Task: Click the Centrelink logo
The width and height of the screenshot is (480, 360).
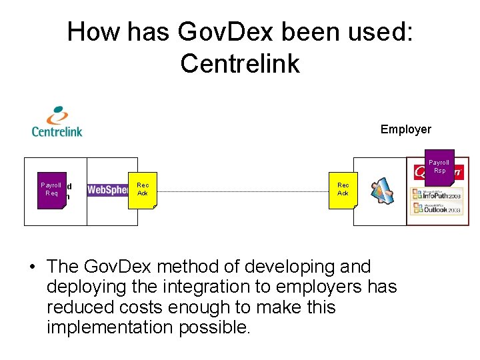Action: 57,121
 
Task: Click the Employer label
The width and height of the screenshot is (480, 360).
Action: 405,129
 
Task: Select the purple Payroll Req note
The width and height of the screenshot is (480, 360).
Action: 51,189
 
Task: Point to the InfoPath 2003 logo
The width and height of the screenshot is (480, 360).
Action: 437,194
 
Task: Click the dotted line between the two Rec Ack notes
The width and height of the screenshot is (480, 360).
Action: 243,191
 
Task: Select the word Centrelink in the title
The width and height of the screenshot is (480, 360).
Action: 240,63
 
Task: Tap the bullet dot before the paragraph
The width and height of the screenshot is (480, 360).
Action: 32,267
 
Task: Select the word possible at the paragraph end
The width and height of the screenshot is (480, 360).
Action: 213,328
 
